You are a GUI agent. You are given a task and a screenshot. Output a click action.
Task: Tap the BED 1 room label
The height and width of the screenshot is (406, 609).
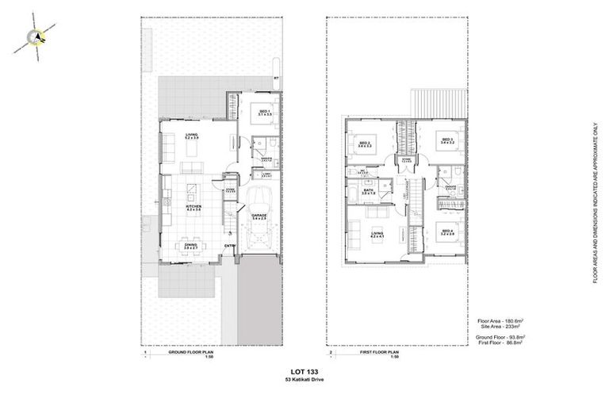265,113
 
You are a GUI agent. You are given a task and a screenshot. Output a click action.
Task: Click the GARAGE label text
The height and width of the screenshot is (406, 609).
259,215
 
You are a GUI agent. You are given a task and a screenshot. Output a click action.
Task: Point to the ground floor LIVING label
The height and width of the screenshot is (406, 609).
192,137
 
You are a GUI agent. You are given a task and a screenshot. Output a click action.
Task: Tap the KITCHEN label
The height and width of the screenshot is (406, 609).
193,208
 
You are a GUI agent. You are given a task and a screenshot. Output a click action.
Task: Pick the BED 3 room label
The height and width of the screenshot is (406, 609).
446,141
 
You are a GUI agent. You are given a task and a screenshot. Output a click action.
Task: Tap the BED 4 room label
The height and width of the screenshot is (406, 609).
447,232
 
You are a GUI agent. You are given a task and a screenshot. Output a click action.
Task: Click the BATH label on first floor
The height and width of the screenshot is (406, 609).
369,191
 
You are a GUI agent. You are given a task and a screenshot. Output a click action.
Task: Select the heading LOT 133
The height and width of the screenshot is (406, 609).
305,371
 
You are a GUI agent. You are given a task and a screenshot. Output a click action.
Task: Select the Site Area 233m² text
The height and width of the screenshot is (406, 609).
502,326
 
